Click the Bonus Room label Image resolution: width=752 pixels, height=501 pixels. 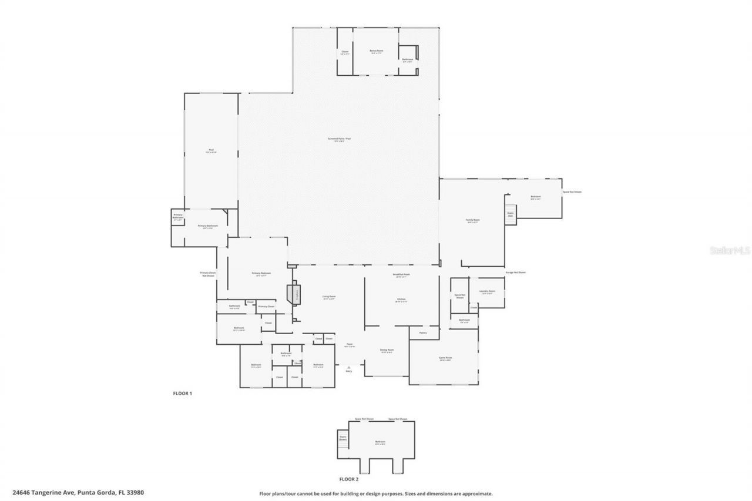click(376, 51)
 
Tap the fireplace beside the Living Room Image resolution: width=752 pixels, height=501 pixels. click(295, 294)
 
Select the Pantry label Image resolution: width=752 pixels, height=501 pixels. click(422, 333)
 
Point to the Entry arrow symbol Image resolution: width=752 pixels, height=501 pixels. click(349, 368)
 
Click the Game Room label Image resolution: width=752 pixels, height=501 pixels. click(445, 358)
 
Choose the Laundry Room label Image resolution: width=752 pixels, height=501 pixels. click(487, 291)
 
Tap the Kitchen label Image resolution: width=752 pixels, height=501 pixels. click(401, 300)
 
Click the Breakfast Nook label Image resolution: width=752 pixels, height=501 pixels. click(401, 275)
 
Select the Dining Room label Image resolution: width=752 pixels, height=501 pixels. click(387, 351)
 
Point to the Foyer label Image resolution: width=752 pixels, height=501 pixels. click(349, 345)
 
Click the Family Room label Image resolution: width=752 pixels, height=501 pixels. click(472, 221)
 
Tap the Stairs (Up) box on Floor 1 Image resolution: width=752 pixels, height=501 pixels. click(511, 214)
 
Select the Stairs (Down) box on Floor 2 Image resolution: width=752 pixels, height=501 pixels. click(343, 438)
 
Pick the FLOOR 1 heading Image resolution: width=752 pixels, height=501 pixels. click(182, 393)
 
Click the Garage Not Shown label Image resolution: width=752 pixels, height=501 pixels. click(515, 273)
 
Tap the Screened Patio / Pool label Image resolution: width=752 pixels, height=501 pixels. click(339, 139)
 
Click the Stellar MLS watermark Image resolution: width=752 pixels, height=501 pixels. click(730, 250)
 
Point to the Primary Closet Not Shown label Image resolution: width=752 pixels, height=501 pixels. click(208, 274)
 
